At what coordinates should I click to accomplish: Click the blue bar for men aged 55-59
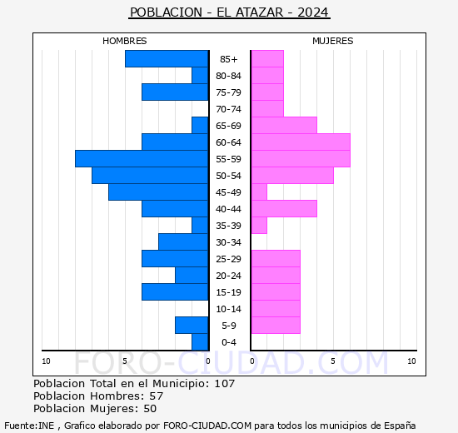tap(142, 159)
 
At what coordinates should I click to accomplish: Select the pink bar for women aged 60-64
tap(301, 142)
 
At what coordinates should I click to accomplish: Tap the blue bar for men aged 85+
tap(167, 59)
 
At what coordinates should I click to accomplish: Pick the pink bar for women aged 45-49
tap(259, 192)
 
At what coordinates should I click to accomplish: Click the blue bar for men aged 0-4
tap(200, 342)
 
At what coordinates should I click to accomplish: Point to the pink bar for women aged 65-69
tap(284, 126)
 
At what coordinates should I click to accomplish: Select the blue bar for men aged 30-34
tap(183, 242)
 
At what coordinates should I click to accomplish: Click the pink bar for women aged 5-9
tap(276, 326)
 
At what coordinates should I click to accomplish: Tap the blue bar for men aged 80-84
tap(200, 76)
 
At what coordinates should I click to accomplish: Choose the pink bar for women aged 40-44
tap(284, 209)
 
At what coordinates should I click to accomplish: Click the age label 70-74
tap(228, 109)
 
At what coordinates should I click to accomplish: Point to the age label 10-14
tap(228, 309)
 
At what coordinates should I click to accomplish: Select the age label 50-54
tap(228, 176)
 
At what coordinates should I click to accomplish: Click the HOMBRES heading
tap(124, 41)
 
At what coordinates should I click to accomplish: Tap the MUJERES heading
tap(333, 41)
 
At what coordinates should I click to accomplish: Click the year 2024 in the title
tap(313, 12)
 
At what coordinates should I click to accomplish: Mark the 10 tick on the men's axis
tap(46, 361)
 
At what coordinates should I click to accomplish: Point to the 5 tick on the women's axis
tap(333, 361)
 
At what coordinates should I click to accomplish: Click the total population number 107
tap(224, 383)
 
